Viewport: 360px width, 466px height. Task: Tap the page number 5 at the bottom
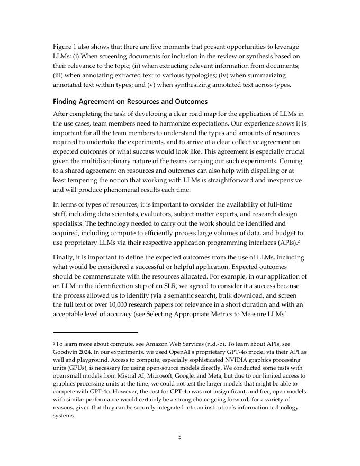coord(179,437)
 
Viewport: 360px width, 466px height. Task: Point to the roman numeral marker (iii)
coord(59,75)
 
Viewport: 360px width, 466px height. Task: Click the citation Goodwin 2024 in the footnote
coord(76,352)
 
